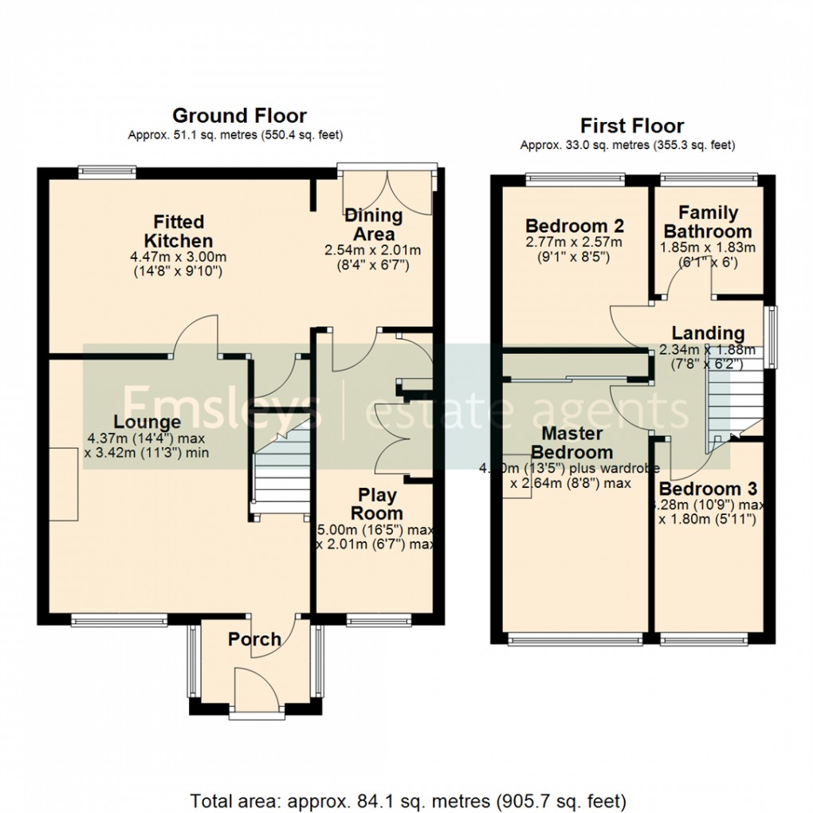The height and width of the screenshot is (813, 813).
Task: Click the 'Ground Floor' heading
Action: click(239, 116)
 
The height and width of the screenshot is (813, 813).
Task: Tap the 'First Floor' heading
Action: click(631, 126)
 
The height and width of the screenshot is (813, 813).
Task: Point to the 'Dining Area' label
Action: click(373, 225)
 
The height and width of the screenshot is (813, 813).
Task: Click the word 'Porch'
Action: click(254, 639)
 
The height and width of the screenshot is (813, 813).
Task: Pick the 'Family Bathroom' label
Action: click(708, 222)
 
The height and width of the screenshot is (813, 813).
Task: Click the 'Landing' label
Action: click(707, 333)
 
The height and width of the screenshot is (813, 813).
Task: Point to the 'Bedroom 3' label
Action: click(708, 489)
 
